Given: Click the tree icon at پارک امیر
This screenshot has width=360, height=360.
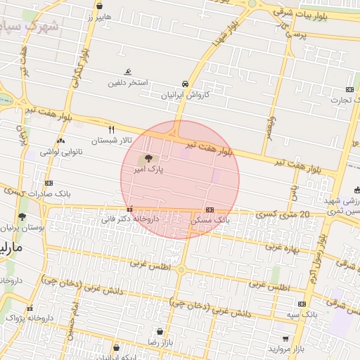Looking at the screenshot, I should [x=148, y=159].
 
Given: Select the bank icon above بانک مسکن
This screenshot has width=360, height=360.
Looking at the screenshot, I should [x=210, y=210].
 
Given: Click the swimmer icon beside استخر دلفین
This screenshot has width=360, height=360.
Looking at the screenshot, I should [x=128, y=72].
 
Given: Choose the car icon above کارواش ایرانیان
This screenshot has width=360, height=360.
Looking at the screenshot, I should [x=185, y=83].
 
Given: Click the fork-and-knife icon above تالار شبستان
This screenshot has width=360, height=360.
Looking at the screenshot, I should [x=111, y=129].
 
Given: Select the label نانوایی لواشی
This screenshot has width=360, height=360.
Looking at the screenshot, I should [x=61, y=151].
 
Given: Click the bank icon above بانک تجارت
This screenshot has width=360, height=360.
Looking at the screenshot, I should [x=349, y=89].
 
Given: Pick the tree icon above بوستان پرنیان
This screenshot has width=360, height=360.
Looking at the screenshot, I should [x=22, y=217].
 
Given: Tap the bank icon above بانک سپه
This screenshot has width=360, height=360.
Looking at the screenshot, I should [x=302, y=304].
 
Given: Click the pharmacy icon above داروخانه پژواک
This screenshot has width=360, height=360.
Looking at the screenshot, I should [x=30, y=308].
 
